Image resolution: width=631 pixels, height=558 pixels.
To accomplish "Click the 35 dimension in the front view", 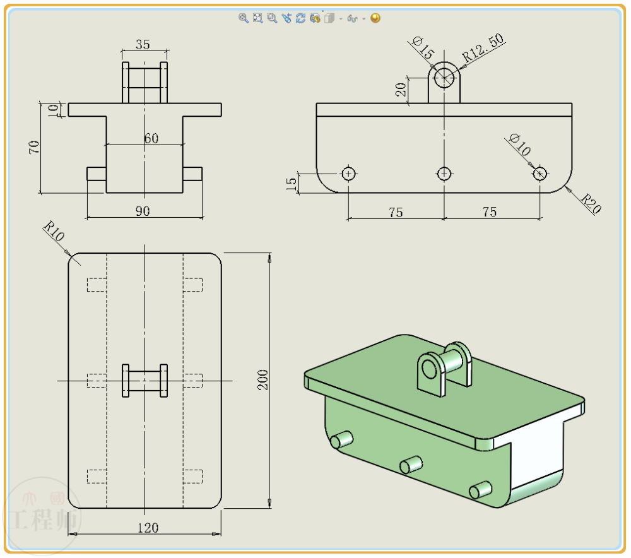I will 143,44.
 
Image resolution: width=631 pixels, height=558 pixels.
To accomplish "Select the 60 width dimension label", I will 151,138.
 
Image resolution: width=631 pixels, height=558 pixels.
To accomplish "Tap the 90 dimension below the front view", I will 143,211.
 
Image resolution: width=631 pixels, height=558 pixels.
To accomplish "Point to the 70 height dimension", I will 34,147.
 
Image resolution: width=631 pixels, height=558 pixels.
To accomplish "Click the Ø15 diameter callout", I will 423,48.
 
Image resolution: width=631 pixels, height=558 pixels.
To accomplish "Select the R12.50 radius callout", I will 483,47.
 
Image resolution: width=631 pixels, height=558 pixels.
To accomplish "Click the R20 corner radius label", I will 589,204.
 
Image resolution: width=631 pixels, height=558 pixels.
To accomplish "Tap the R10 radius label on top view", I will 54,232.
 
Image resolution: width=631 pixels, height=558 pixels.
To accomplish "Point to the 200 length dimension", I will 263,379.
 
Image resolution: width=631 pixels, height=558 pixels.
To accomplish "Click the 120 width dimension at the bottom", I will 148,528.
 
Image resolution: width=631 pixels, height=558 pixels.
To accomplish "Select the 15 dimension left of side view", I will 292,183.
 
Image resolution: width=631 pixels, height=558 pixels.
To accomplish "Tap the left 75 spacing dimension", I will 395,212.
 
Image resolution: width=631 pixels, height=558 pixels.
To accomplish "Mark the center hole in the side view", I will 444,173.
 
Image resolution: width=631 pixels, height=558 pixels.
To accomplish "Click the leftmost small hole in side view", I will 348,173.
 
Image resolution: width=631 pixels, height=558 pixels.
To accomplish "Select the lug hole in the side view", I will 445,76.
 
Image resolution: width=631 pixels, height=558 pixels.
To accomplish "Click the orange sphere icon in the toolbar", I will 375,18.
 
